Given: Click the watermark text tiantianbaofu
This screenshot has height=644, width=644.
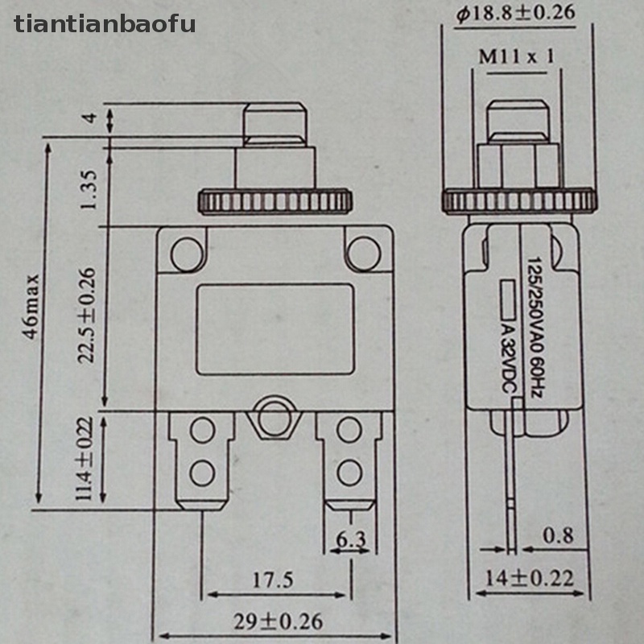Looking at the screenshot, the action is pyautogui.click(x=105, y=24).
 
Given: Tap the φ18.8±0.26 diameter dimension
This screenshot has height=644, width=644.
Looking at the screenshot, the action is pyautogui.click(x=516, y=14).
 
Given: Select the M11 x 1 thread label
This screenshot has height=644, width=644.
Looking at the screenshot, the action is pyautogui.click(x=517, y=56).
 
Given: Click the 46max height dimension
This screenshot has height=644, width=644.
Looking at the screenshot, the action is pyautogui.click(x=31, y=308).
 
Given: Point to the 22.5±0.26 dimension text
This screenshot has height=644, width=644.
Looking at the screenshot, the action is pyautogui.click(x=87, y=316).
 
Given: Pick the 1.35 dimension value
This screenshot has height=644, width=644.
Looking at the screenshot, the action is pyautogui.click(x=89, y=190).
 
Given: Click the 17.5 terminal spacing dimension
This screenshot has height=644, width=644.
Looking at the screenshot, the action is pyautogui.click(x=273, y=580).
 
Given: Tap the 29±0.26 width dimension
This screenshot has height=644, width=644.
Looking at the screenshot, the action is pyautogui.click(x=278, y=621).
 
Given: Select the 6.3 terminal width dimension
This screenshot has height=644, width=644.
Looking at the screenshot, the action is pyautogui.click(x=351, y=539).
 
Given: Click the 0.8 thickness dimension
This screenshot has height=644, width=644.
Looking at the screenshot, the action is pyautogui.click(x=558, y=535).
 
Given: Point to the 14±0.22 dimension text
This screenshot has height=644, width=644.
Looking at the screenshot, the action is pyautogui.click(x=530, y=578).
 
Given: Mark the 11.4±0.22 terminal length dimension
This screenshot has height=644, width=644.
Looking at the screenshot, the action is pyautogui.click(x=85, y=458).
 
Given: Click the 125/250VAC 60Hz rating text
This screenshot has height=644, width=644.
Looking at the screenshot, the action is pyautogui.click(x=535, y=328).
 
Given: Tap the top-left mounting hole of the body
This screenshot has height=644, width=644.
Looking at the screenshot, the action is pyautogui.click(x=188, y=254).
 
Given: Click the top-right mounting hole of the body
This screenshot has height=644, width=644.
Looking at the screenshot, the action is pyautogui.click(x=364, y=254).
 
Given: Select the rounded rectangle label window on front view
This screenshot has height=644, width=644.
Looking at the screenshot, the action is pyautogui.click(x=275, y=329).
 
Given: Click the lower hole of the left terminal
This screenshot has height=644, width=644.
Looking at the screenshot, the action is pyautogui.click(x=203, y=473).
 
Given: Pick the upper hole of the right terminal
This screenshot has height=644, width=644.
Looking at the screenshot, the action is pyautogui.click(x=349, y=429).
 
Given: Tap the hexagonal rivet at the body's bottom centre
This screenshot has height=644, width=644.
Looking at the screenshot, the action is pyautogui.click(x=275, y=417).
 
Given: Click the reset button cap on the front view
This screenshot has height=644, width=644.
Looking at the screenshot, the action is pyautogui.click(x=275, y=125).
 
